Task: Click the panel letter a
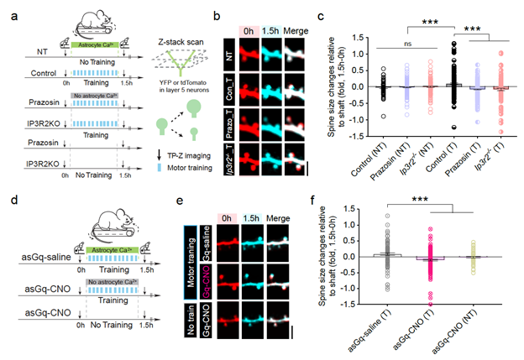click(12, 12)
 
